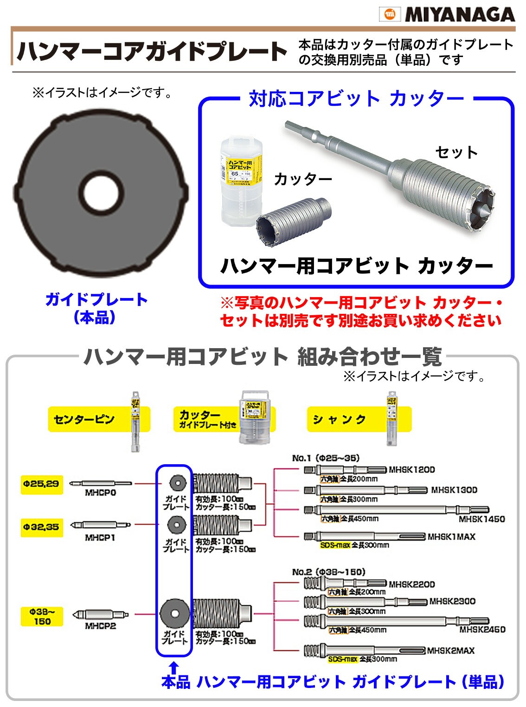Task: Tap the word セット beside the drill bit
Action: pyautogui.click(x=456, y=152)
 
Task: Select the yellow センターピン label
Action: pyautogui.click(x=84, y=419)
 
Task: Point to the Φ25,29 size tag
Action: pyautogui.click(x=41, y=484)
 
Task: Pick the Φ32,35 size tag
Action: pyautogui.click(x=41, y=527)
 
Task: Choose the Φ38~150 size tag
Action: pyautogui.click(x=42, y=616)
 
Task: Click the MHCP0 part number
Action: pyautogui.click(x=100, y=493)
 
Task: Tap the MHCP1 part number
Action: pyautogui.click(x=100, y=538)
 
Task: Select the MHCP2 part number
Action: pyautogui.click(x=100, y=626)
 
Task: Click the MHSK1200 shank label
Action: pyautogui.click(x=411, y=470)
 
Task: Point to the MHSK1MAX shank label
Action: pyautogui.click(x=451, y=537)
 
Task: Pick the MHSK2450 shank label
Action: pyautogui.click(x=482, y=629)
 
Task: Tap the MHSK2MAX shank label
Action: pyautogui.click(x=450, y=650)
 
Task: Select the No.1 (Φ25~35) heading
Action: pyautogui.click(x=326, y=458)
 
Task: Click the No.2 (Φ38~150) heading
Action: pyautogui.click(x=328, y=572)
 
